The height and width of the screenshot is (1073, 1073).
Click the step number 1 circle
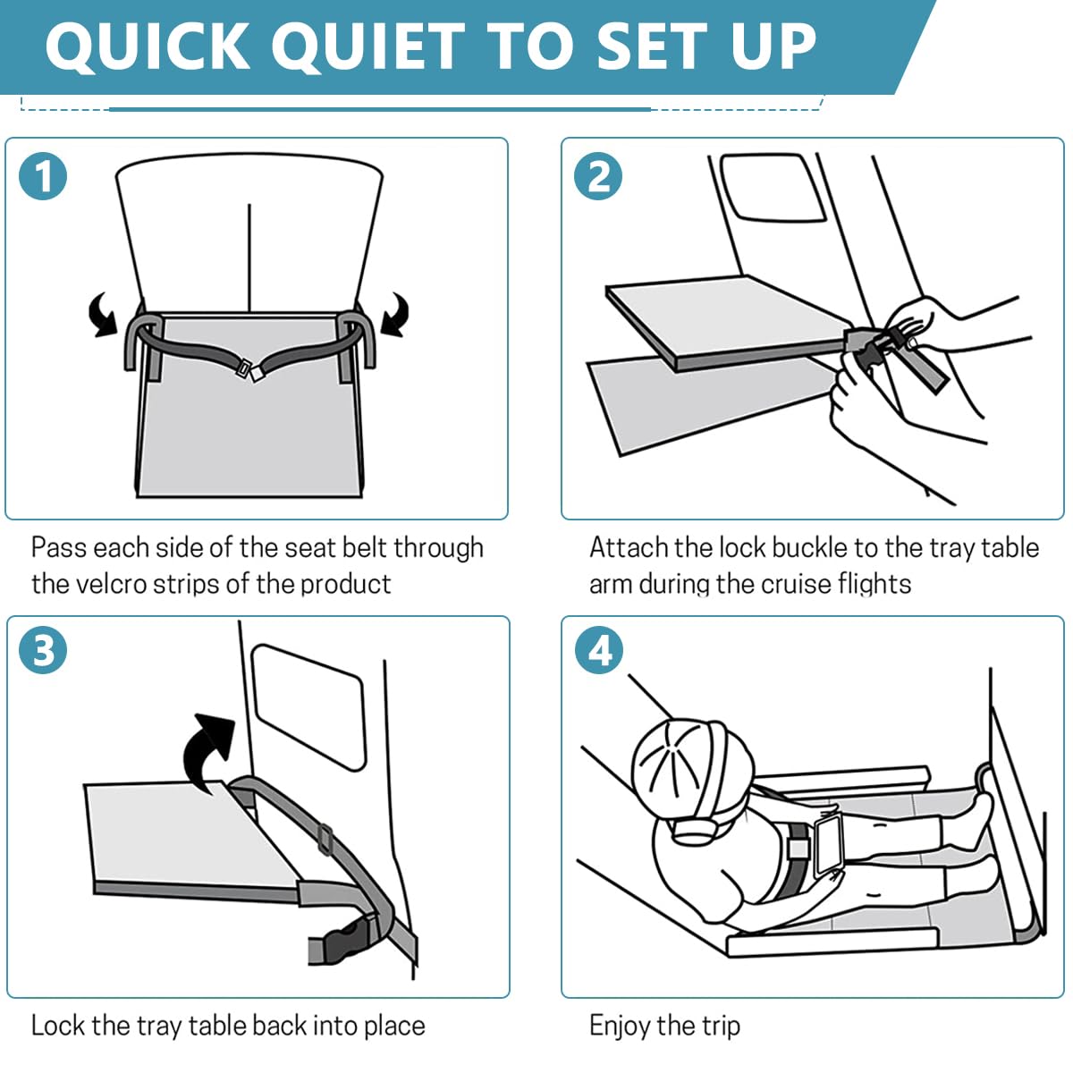[x=43, y=176]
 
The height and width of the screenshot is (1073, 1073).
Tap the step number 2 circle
[x=599, y=176]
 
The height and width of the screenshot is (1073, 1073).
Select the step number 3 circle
[x=43, y=650]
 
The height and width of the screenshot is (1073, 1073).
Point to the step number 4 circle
[x=599, y=650]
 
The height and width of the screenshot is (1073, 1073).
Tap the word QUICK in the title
[x=148, y=46]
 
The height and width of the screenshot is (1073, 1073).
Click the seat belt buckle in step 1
[x=248, y=369]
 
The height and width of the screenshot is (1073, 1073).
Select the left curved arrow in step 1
[x=103, y=316]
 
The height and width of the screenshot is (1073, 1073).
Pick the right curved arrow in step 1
[x=394, y=316]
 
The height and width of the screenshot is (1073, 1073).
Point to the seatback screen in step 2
[x=772, y=186]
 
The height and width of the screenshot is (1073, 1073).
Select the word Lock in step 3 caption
[x=56, y=1025]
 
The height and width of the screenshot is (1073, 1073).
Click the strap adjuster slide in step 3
[x=325, y=839]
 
